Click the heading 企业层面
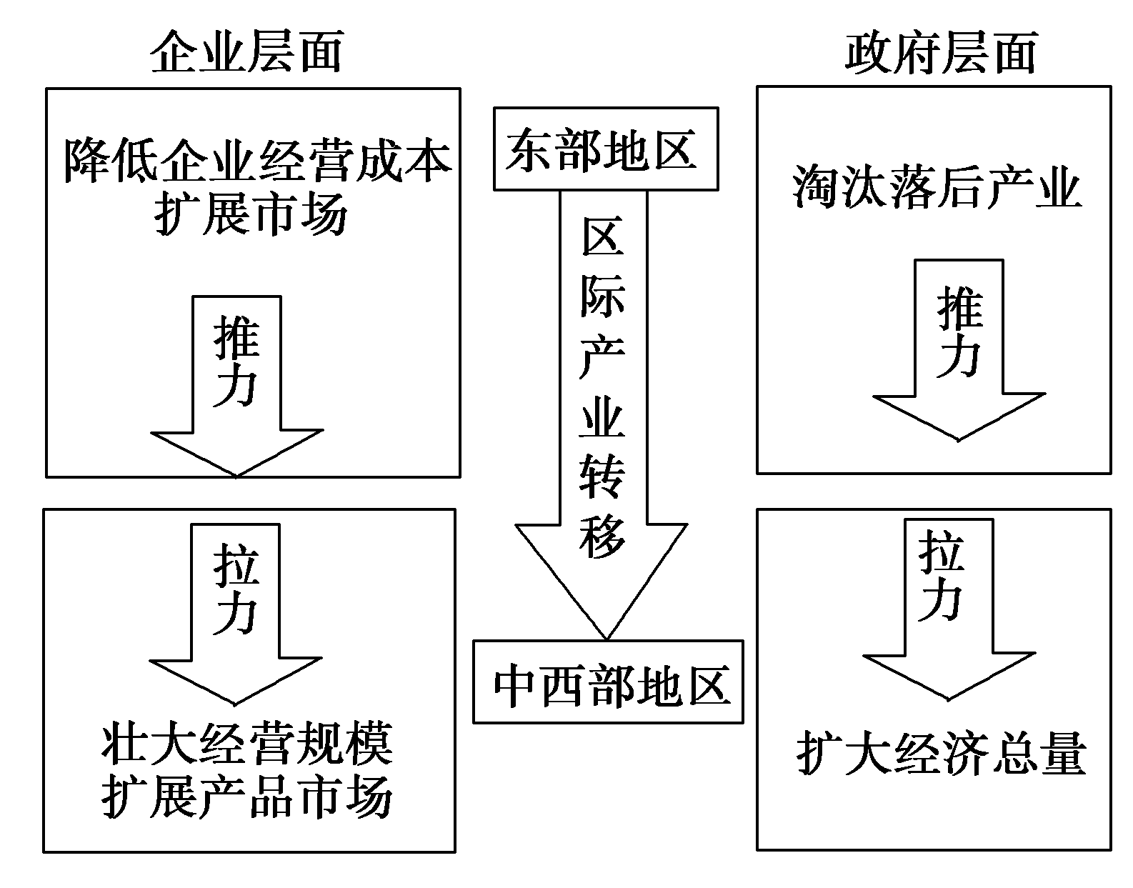pyautogui.click(x=246, y=52)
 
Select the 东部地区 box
pyautogui.click(x=606, y=149)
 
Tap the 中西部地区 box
pyautogui.click(x=609, y=682)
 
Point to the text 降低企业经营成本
pyautogui.click(x=258, y=160)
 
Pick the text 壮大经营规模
pyautogui.click(x=247, y=744)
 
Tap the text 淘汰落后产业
pyautogui.click(x=937, y=187)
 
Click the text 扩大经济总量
pyautogui.click(x=941, y=752)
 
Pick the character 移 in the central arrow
pyautogui.click(x=603, y=537)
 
